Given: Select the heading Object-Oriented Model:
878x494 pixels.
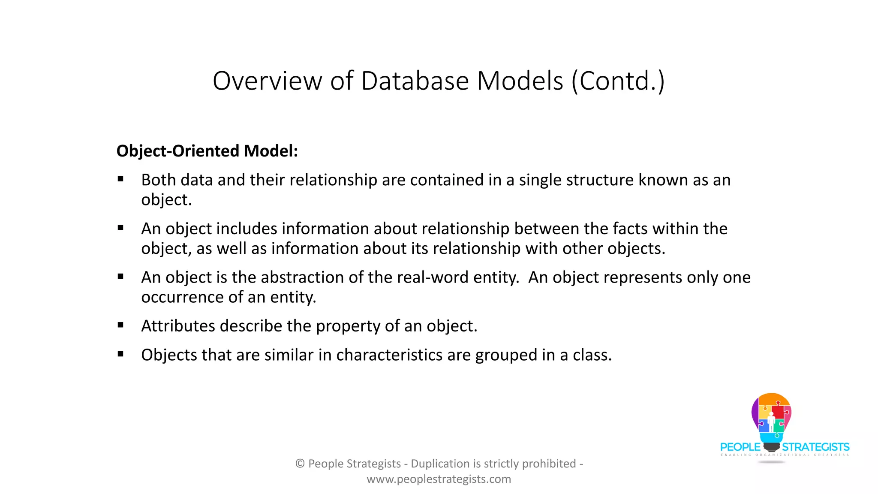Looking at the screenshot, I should click(207, 151).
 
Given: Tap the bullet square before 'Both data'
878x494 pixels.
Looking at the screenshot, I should click(120, 179).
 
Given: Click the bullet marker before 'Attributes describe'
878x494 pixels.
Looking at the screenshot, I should click(120, 325).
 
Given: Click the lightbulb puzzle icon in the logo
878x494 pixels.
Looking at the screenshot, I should click(771, 418).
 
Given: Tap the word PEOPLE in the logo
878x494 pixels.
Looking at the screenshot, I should click(740, 447).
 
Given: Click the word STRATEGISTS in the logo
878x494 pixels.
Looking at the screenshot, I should click(815, 447).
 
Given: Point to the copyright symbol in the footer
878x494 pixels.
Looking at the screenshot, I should click(300, 464).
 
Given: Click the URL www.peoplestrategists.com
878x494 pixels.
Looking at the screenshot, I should click(439, 479).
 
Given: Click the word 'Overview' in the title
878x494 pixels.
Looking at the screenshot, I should click(267, 81).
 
